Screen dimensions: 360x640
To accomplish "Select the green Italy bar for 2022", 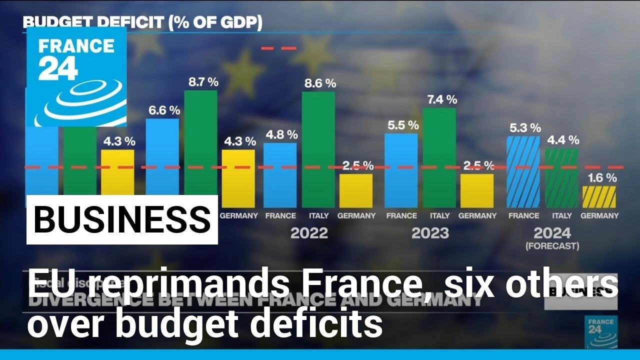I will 318,150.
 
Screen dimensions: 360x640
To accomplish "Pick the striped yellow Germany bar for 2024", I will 599,197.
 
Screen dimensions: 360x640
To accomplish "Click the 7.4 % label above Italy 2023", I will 439,99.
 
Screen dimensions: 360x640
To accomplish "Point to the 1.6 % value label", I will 599,177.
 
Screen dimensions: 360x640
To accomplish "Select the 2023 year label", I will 430,233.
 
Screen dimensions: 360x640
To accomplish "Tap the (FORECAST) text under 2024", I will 552,246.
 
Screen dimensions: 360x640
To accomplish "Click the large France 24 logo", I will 76,76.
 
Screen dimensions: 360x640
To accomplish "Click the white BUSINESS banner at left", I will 122,219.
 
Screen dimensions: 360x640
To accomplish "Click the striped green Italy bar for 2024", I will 561,178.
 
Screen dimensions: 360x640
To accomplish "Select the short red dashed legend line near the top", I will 279,48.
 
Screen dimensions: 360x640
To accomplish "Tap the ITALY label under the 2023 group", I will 439,215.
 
